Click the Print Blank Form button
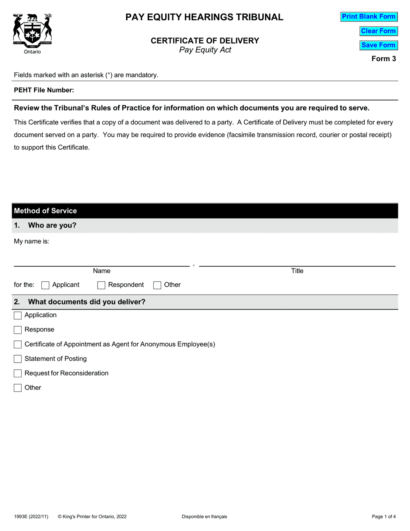coord(369,17)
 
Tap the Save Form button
coord(378,45)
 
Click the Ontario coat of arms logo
coord(33,31)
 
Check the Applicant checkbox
coord(45,285)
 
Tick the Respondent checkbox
coord(101,285)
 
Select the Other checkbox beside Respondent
coord(158,285)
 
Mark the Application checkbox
coord(18,316)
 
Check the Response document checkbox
coord(18,330)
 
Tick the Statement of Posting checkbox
coord(18,359)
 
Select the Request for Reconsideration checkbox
coord(18,373)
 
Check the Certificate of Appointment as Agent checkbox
coord(18,345)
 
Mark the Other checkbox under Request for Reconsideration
coord(18,388)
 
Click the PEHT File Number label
coord(44,90)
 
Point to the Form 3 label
coord(384,59)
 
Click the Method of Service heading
coord(45,211)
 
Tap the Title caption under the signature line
coord(297,271)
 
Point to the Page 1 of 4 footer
coord(384,516)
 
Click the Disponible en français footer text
coord(204,516)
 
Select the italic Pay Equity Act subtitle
coord(205,50)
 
